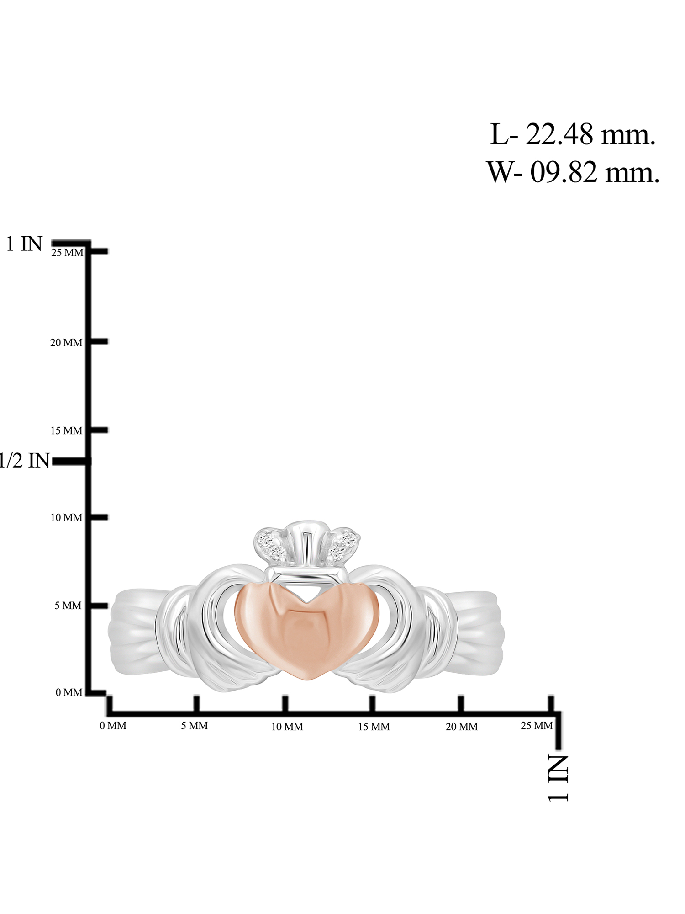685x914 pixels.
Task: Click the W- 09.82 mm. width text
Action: [573, 172]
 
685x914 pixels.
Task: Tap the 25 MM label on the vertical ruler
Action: [68, 253]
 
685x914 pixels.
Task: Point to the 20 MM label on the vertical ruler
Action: [66, 343]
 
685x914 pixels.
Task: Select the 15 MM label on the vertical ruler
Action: [66, 430]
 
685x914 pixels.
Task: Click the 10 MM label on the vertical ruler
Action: [66, 518]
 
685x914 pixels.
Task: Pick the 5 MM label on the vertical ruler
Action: [68, 606]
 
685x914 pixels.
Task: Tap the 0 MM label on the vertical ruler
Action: [69, 692]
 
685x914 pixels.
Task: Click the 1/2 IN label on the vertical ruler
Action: [24, 460]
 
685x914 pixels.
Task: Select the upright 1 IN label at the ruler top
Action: [24, 244]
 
